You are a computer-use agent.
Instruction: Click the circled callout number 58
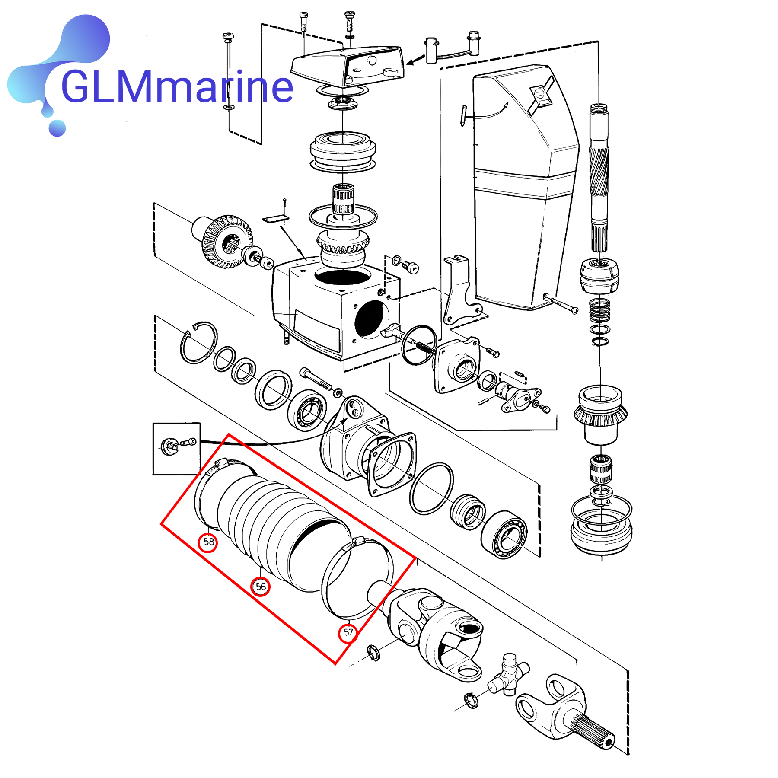point(208,542)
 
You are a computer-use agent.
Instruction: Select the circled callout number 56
point(261,587)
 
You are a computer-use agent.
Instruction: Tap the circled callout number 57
point(348,633)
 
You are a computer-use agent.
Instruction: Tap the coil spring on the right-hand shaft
point(599,310)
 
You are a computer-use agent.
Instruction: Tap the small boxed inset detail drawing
point(176,448)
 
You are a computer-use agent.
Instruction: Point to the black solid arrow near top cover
point(415,60)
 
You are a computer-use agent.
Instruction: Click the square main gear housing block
point(333,311)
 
